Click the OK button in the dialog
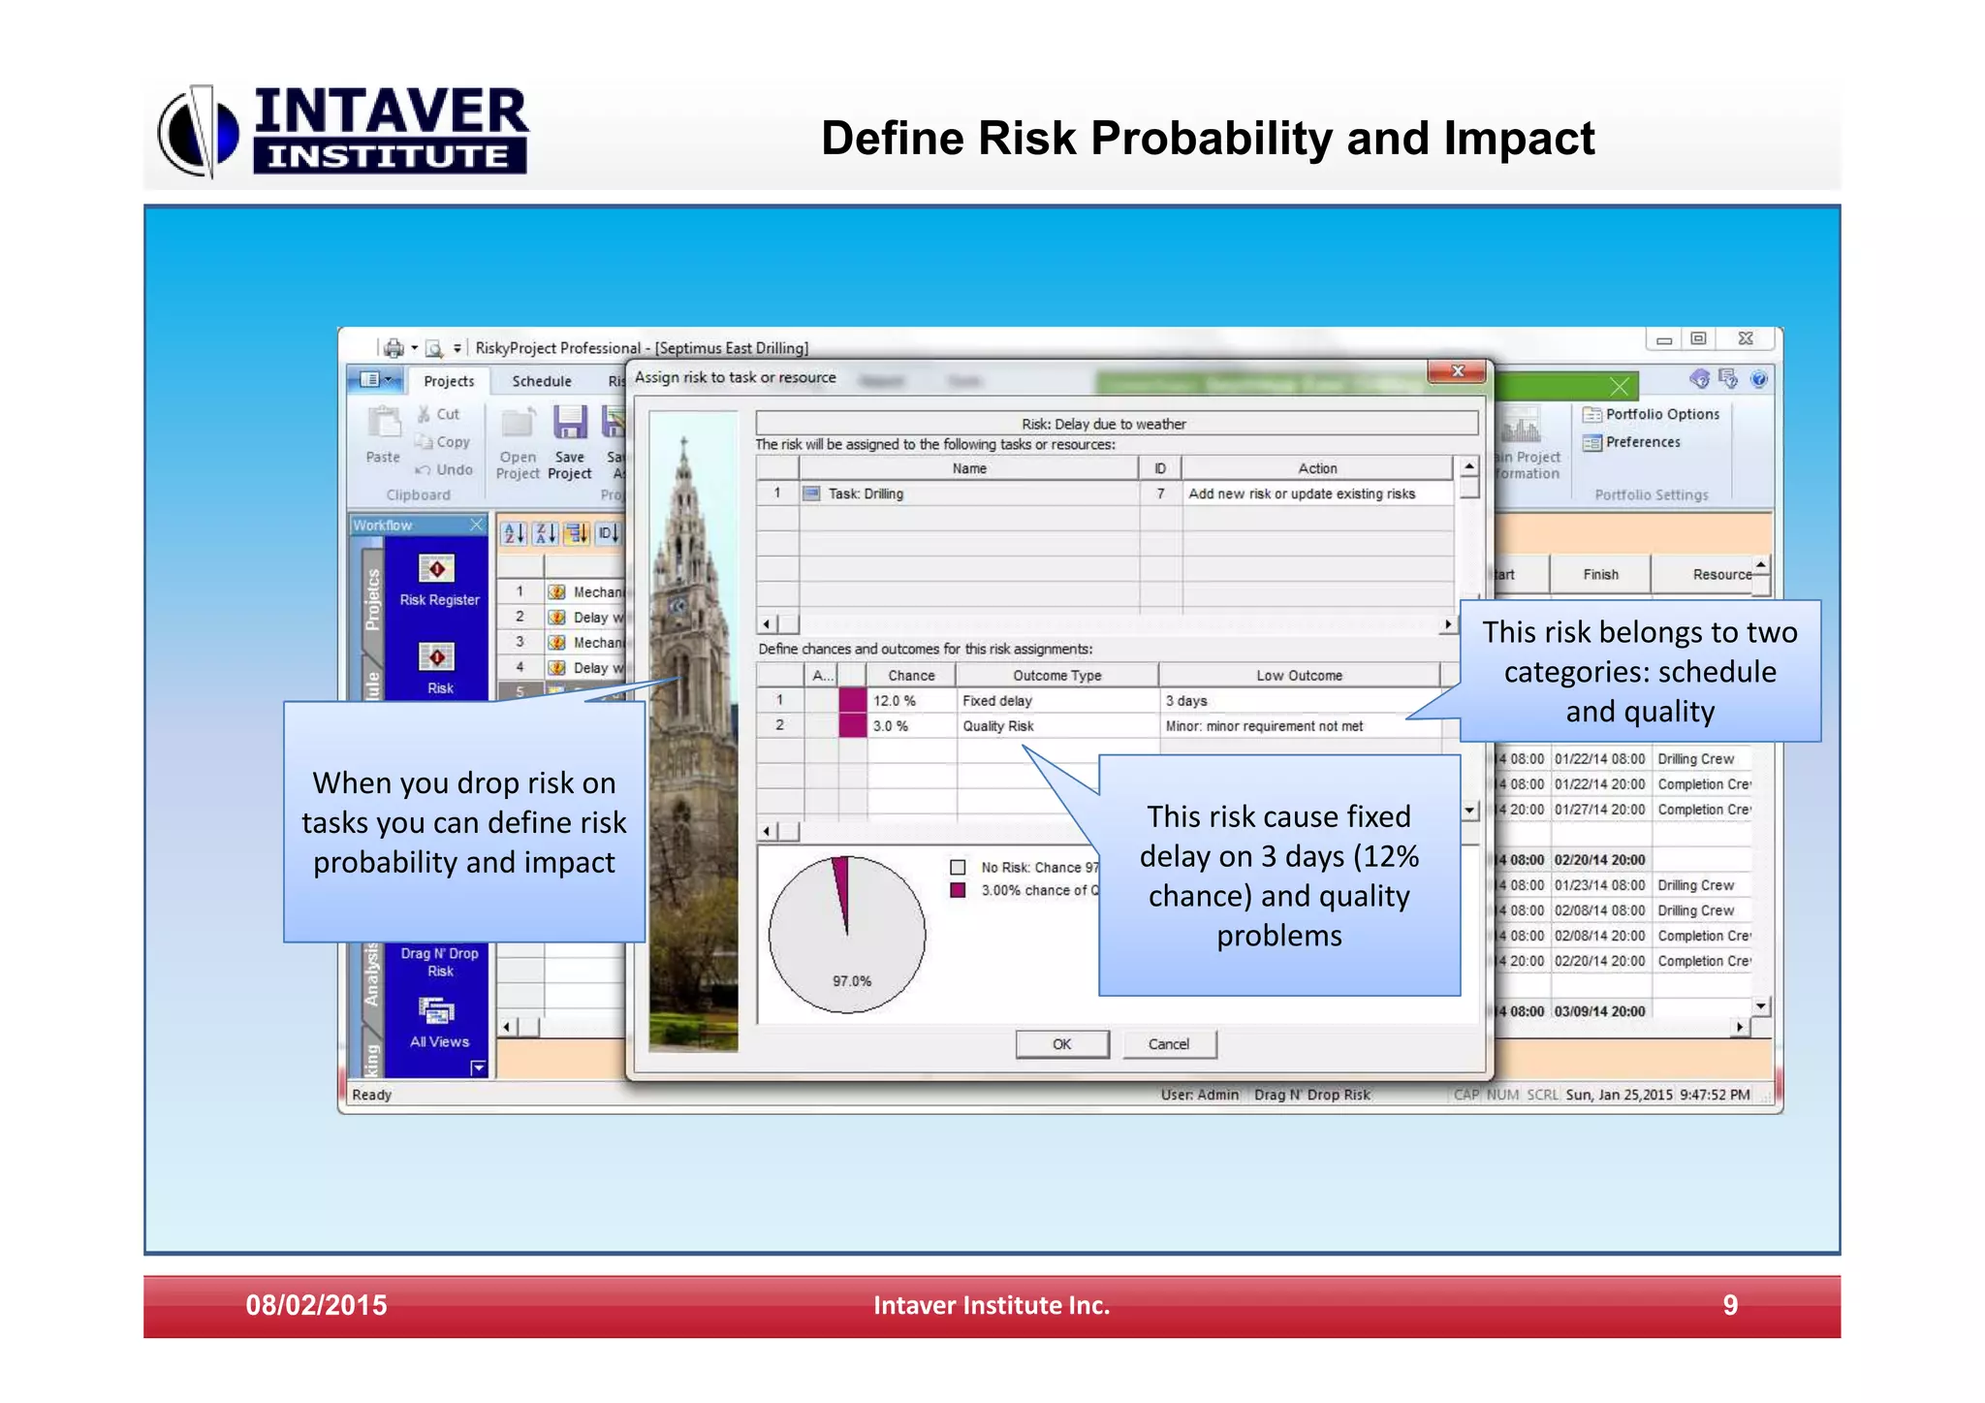pyautogui.click(x=1061, y=1044)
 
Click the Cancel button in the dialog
pyautogui.click(x=1168, y=1044)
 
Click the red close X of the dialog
pyautogui.click(x=1457, y=371)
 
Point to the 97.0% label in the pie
pyautogui.click(x=851, y=981)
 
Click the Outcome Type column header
pyautogui.click(x=1056, y=676)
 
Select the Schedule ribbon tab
pyautogui.click(x=541, y=381)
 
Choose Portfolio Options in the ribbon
pyautogui.click(x=1652, y=414)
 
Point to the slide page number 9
pyautogui.click(x=1729, y=1305)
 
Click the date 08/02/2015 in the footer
pyautogui.click(x=316, y=1305)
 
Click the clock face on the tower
pyautogui.click(x=677, y=607)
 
